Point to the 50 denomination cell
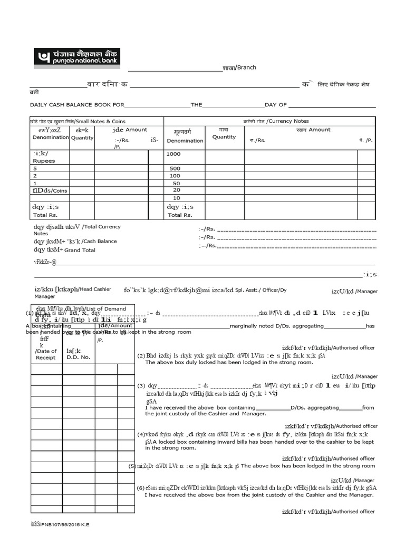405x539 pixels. pos(176,183)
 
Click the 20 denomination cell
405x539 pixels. pos(176,190)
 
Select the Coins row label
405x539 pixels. pos(50,191)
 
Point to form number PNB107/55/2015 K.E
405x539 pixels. pos(60,525)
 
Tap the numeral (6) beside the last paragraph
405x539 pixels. pos(140,487)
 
